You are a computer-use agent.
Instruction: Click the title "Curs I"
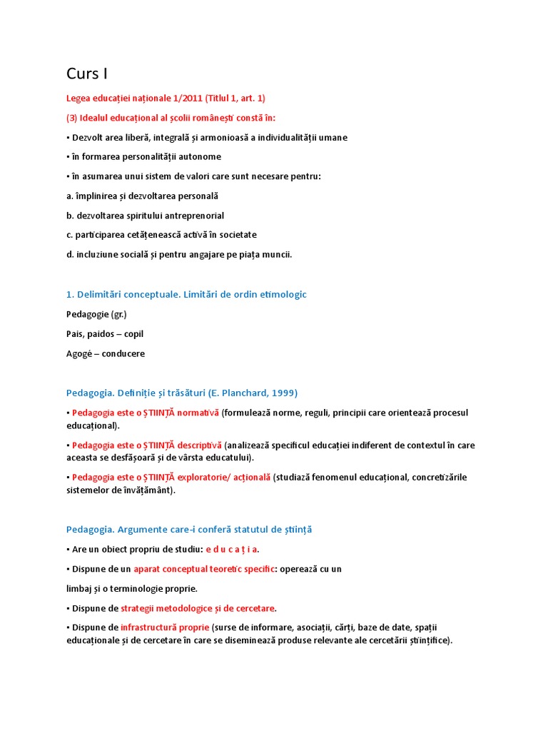click(x=87, y=74)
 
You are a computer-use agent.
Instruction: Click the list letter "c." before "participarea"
click(x=70, y=235)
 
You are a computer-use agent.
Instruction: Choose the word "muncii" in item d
click(x=277, y=254)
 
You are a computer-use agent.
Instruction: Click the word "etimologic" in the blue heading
click(x=283, y=294)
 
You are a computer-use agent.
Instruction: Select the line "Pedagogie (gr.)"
click(x=96, y=313)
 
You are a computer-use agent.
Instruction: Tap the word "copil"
click(x=134, y=333)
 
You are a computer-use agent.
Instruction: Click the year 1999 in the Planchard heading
click(x=283, y=393)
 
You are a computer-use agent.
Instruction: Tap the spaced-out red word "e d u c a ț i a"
click(x=232, y=550)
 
